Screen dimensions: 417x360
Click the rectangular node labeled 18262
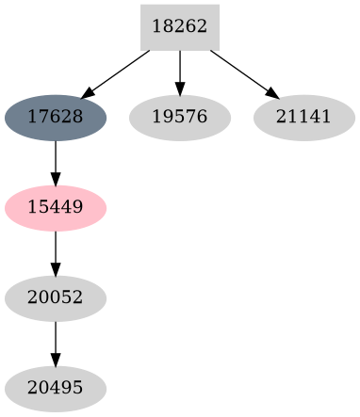(x=179, y=27)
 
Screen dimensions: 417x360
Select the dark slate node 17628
(x=56, y=118)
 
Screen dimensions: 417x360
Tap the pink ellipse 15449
(x=56, y=207)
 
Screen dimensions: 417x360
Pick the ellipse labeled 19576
(x=179, y=118)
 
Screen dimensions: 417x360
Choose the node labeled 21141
(x=303, y=118)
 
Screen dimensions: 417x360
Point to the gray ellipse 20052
(x=56, y=297)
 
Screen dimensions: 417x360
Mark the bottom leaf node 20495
(x=56, y=388)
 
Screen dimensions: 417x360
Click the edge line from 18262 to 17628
(x=118, y=72)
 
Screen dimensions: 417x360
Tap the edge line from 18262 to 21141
(x=241, y=72)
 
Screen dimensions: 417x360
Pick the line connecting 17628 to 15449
(x=56, y=158)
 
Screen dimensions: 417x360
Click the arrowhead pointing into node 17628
(x=87, y=93)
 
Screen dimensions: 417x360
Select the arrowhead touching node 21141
(x=272, y=93)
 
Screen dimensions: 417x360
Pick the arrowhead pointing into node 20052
(x=56, y=270)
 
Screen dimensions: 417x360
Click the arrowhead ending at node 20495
(x=56, y=361)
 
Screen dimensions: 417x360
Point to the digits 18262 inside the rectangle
(x=179, y=27)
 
